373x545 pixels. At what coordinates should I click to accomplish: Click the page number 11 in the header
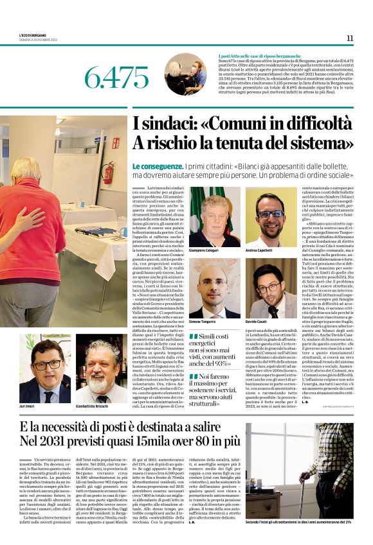[350, 38]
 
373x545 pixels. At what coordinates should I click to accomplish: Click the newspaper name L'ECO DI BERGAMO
[32, 33]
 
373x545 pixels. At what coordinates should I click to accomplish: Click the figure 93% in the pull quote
[217, 362]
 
